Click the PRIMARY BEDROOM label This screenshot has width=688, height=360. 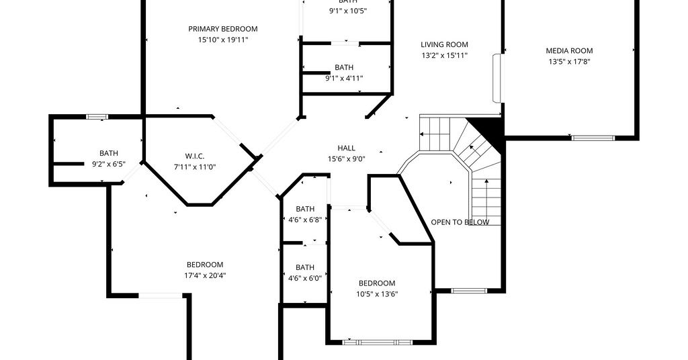(223, 29)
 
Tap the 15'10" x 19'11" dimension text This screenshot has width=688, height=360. (223, 40)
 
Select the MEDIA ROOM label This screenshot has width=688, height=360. (569, 51)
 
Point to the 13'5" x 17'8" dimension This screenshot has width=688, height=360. (569, 62)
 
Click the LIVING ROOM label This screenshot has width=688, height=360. (444, 45)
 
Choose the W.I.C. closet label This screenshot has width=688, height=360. (194, 156)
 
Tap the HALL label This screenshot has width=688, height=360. (346, 148)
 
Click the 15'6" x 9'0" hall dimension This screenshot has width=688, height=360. (346, 159)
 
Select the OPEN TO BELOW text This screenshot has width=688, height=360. (460, 222)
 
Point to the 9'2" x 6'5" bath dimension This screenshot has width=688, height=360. (108, 165)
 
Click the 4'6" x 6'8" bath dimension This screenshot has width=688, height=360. (305, 220)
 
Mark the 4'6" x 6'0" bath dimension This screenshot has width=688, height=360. (305, 278)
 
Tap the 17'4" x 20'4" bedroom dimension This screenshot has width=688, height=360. (205, 276)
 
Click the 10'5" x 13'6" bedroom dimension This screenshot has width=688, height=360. (377, 294)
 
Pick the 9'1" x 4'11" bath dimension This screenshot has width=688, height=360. (344, 79)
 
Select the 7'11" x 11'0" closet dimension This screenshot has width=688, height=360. (194, 167)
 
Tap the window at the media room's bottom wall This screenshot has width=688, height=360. (593, 138)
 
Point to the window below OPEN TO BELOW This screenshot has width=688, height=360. (468, 291)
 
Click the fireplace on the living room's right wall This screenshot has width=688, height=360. (498, 79)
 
